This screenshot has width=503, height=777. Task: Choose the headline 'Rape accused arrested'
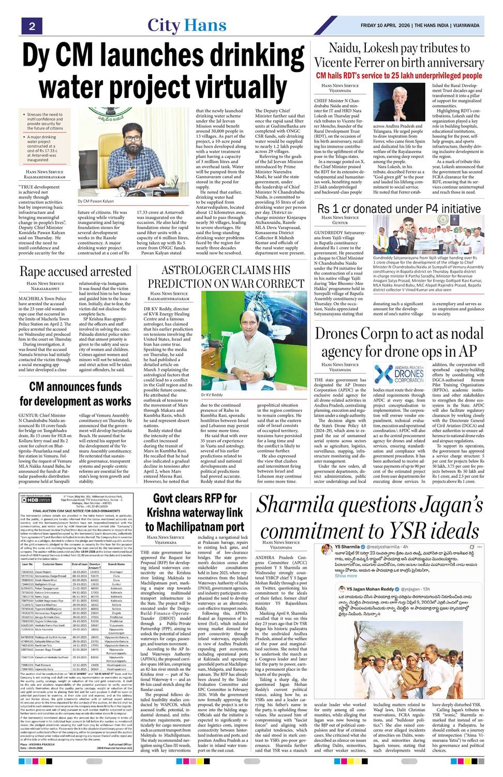(76, 271)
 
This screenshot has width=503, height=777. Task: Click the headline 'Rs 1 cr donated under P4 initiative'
(399, 209)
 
